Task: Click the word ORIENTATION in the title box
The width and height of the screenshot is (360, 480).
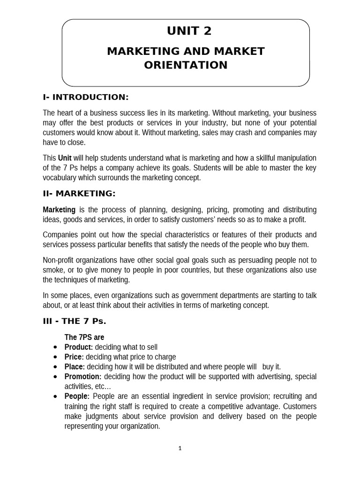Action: [186, 65]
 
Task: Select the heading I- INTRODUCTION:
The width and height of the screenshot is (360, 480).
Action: [85, 97]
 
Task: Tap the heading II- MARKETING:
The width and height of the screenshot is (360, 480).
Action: [79, 194]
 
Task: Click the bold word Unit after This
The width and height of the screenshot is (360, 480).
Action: [64, 158]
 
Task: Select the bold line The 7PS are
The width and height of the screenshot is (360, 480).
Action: [84, 337]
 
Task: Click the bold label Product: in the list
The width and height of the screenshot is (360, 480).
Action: [78, 347]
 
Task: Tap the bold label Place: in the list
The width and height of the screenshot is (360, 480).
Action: [75, 367]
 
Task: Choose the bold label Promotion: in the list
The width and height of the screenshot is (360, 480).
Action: [82, 376]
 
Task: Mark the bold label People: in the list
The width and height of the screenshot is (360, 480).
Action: [76, 396]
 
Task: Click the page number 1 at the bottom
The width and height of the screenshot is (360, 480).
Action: [180, 448]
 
